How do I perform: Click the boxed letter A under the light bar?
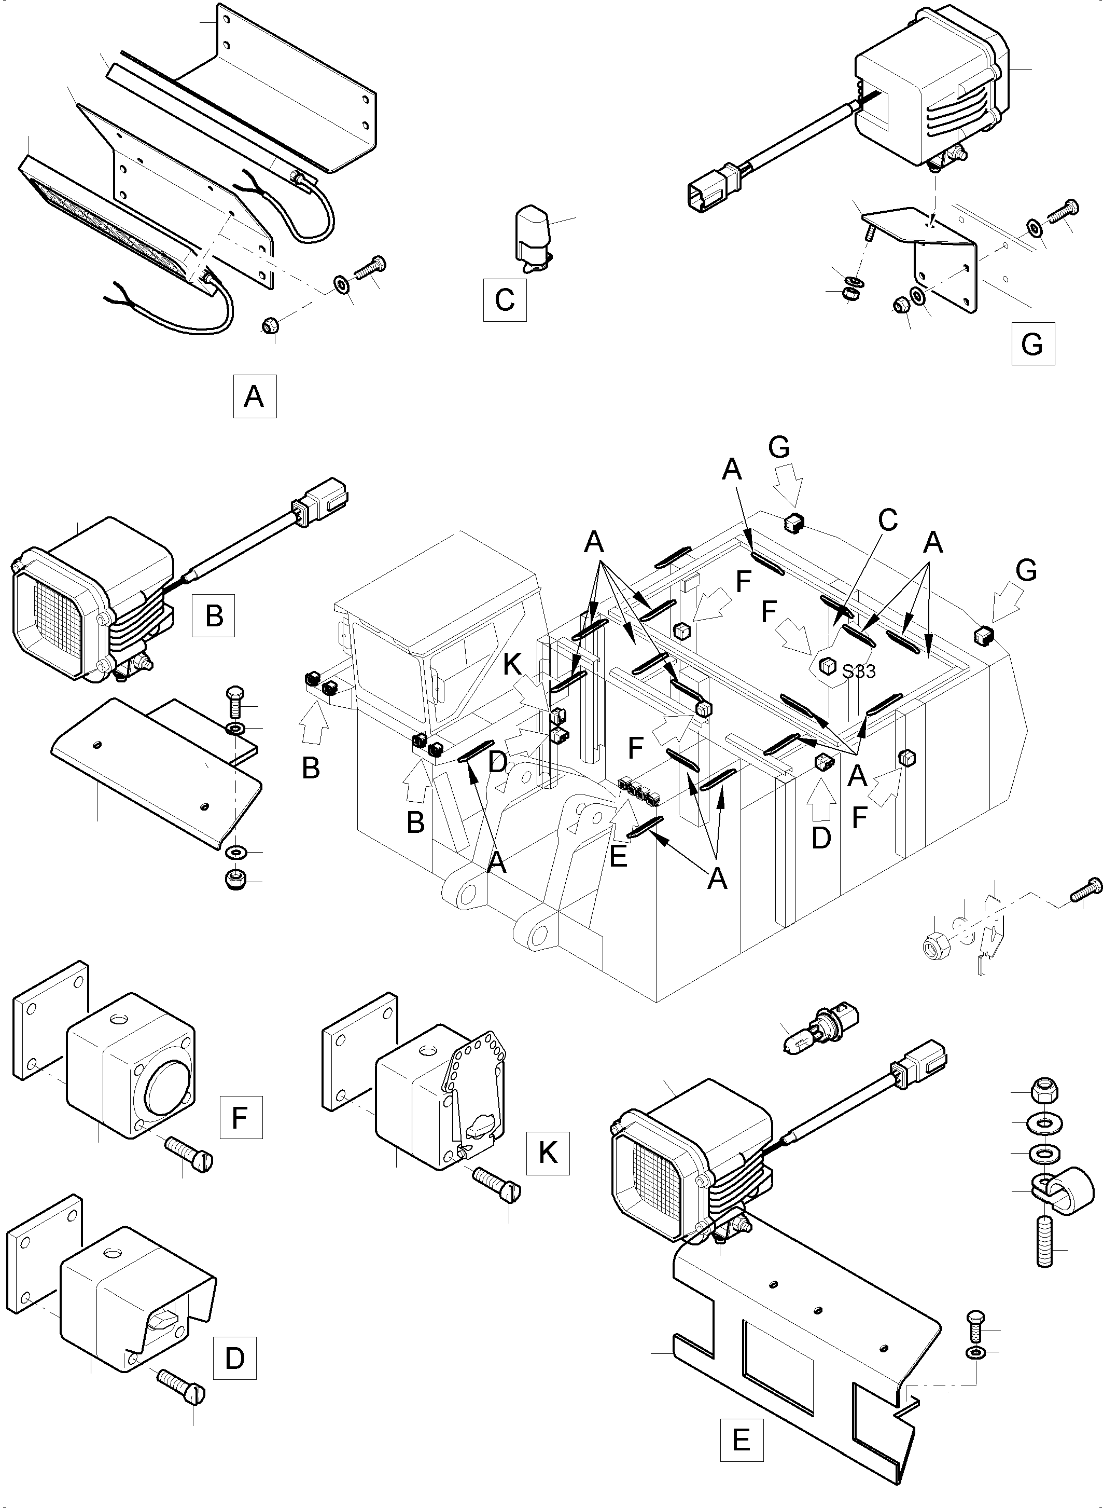point(255,397)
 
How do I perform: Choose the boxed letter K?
point(548,1153)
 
